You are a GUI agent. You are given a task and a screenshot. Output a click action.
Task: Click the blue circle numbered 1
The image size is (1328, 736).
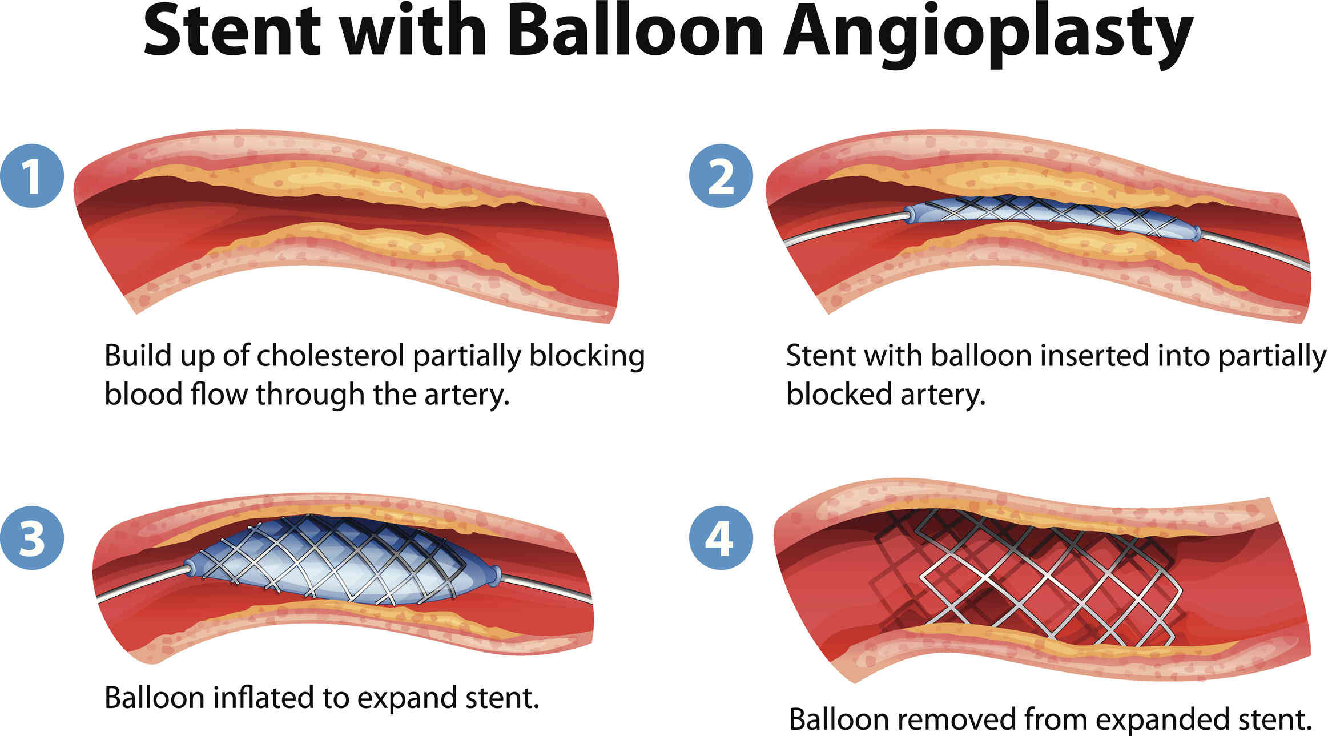pos(32,175)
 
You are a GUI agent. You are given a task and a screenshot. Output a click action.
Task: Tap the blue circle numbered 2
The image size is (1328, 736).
pos(721,175)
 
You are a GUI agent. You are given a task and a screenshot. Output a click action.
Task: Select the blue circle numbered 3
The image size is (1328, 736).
pos(32,537)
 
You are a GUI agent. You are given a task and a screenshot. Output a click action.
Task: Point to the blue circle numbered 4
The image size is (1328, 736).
pos(721,537)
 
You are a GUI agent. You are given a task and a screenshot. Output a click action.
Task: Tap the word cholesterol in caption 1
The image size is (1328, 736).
pos(331,356)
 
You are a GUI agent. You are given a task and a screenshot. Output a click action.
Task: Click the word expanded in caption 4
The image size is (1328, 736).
pos(1161,721)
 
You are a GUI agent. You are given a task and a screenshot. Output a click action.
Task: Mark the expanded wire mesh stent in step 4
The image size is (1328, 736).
pos(1028,582)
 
